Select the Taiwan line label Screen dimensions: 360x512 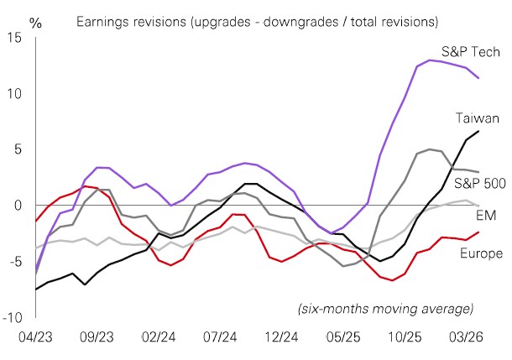479,118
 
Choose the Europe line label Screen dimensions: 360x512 481,253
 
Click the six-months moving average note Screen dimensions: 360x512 385,309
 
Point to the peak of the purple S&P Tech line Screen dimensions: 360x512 431,60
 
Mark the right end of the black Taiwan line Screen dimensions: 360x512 478,131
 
